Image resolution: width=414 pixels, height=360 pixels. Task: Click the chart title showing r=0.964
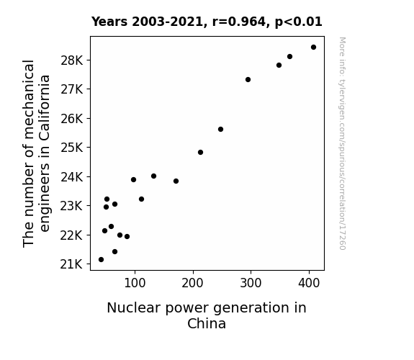click(207, 22)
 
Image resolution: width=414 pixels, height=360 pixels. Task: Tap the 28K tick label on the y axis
click(72, 60)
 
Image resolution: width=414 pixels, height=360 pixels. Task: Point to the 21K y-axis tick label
click(71, 264)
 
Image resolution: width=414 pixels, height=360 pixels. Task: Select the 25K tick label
click(72, 148)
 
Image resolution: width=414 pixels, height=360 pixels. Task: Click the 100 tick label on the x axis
click(135, 283)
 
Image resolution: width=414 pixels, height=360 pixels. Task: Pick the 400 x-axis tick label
click(309, 283)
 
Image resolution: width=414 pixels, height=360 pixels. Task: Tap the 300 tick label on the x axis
click(251, 283)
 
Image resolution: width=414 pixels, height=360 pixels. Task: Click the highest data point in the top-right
click(313, 48)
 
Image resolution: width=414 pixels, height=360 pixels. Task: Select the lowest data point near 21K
click(101, 260)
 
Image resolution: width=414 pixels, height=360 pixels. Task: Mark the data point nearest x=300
click(248, 79)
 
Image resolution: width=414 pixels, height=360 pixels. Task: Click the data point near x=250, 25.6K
click(221, 129)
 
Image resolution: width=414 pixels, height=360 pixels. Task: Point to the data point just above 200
click(200, 153)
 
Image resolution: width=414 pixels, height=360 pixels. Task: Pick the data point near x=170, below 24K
click(176, 181)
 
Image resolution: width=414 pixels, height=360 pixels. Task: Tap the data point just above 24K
click(153, 176)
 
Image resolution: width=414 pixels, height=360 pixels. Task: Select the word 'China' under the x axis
click(207, 324)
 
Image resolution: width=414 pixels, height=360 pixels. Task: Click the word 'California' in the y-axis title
click(45, 108)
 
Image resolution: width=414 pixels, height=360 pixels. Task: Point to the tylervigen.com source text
click(342, 143)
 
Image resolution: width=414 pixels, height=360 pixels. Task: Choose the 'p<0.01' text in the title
click(299, 22)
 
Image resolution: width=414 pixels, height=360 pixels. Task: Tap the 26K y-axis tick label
click(72, 119)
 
